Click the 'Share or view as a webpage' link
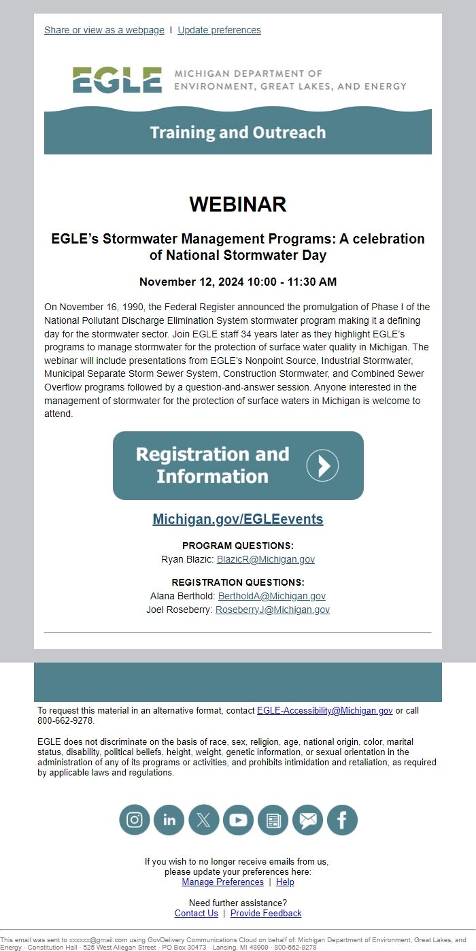(104, 30)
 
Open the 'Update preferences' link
(219, 30)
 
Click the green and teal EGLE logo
(118, 80)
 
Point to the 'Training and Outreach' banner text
(238, 132)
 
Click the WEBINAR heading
(238, 204)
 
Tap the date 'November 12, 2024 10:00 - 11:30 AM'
(238, 282)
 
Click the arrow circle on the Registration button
(322, 465)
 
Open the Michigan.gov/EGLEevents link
(238, 519)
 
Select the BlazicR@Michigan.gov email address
(266, 559)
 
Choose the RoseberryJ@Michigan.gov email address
(273, 610)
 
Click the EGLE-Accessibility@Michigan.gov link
(324, 710)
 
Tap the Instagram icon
(135, 820)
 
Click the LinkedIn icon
(169, 820)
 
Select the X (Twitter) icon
(204, 820)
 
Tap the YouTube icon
(238, 820)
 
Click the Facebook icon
(342, 820)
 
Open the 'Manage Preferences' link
(222, 882)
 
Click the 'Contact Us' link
(197, 913)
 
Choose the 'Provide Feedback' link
(266, 913)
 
